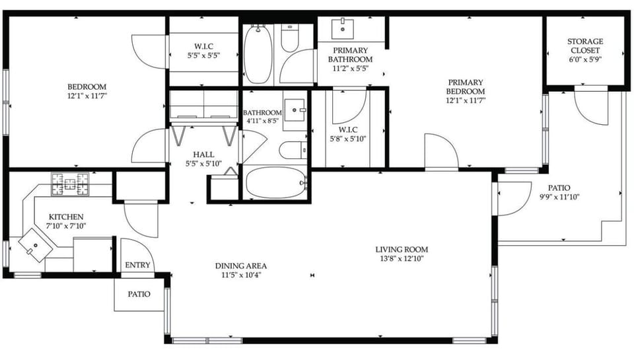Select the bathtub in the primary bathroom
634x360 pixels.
coord(257,55)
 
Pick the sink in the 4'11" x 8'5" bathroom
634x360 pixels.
coord(295,107)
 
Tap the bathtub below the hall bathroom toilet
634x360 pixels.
coord(275,182)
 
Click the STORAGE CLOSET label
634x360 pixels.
coord(584,46)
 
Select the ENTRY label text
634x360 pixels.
coord(137,266)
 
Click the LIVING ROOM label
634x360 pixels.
coord(402,249)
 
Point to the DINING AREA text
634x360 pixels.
coord(241,266)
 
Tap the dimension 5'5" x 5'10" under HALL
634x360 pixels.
coord(203,163)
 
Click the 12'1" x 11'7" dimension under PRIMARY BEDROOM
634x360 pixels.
coord(465,100)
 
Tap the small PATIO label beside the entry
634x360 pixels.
coord(138,294)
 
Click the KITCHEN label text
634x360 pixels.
coord(66,217)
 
